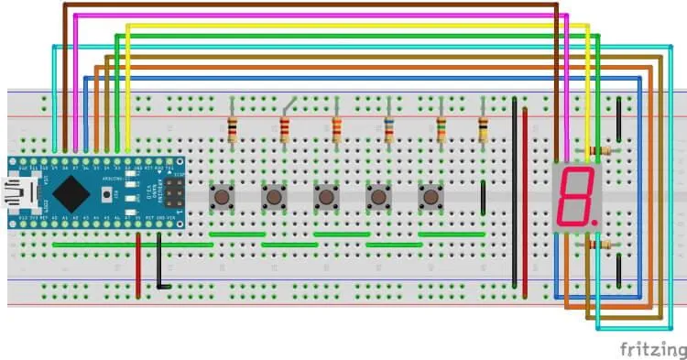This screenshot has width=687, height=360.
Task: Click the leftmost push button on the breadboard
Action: click(x=222, y=196)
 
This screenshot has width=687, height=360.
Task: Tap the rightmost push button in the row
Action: click(x=430, y=196)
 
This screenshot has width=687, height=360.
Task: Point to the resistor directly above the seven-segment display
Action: click(x=602, y=150)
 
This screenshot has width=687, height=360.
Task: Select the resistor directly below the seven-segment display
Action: click(x=602, y=245)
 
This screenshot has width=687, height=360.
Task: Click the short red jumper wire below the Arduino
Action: click(x=138, y=266)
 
